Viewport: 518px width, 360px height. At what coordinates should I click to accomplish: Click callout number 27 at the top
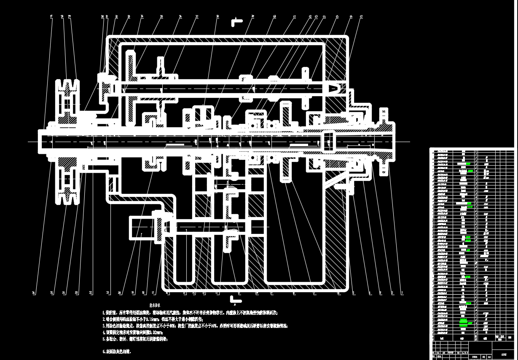coord(51,17)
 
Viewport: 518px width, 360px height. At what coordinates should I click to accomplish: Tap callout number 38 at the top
coord(217,17)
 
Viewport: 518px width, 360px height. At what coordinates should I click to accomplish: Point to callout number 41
coord(295,17)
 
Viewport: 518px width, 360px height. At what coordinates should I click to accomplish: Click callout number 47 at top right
coord(361,17)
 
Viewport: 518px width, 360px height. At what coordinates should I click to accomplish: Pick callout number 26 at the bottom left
coord(33,292)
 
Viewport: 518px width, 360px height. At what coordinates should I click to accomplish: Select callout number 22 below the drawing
coord(91,292)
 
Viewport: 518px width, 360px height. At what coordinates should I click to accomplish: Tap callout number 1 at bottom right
coord(402,292)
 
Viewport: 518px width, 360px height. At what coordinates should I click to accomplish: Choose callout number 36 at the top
coord(180,17)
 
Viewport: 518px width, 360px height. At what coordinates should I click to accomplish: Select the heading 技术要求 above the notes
coord(155,305)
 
